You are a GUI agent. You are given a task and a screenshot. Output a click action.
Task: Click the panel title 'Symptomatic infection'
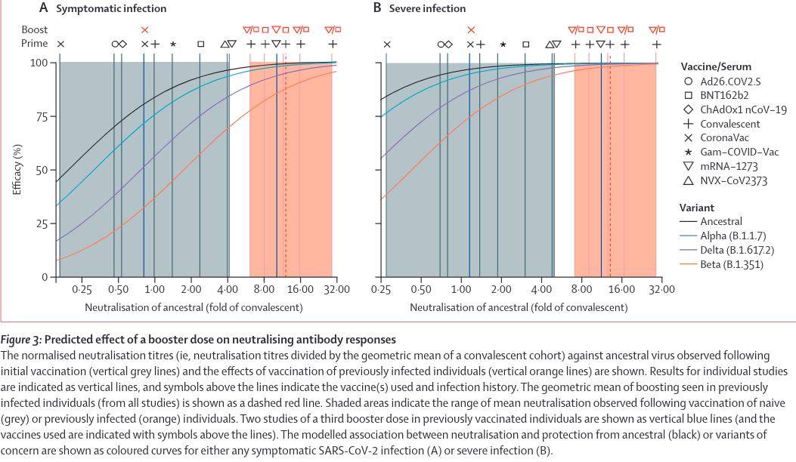click(x=119, y=9)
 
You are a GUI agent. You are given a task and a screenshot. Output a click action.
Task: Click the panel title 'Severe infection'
click(x=427, y=9)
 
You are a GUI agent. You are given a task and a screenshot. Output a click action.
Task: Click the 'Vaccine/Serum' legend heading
click(x=715, y=66)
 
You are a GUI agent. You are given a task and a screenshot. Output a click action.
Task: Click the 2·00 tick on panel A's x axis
click(x=190, y=290)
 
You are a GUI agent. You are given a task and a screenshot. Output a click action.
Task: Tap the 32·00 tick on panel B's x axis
click(x=661, y=290)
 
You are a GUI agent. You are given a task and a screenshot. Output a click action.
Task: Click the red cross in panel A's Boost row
click(x=144, y=29)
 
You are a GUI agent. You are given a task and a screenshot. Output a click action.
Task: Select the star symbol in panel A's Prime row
click(x=173, y=44)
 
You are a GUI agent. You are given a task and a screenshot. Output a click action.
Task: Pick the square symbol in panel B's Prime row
click(x=525, y=44)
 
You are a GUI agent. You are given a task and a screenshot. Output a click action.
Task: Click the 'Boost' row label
click(x=34, y=29)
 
